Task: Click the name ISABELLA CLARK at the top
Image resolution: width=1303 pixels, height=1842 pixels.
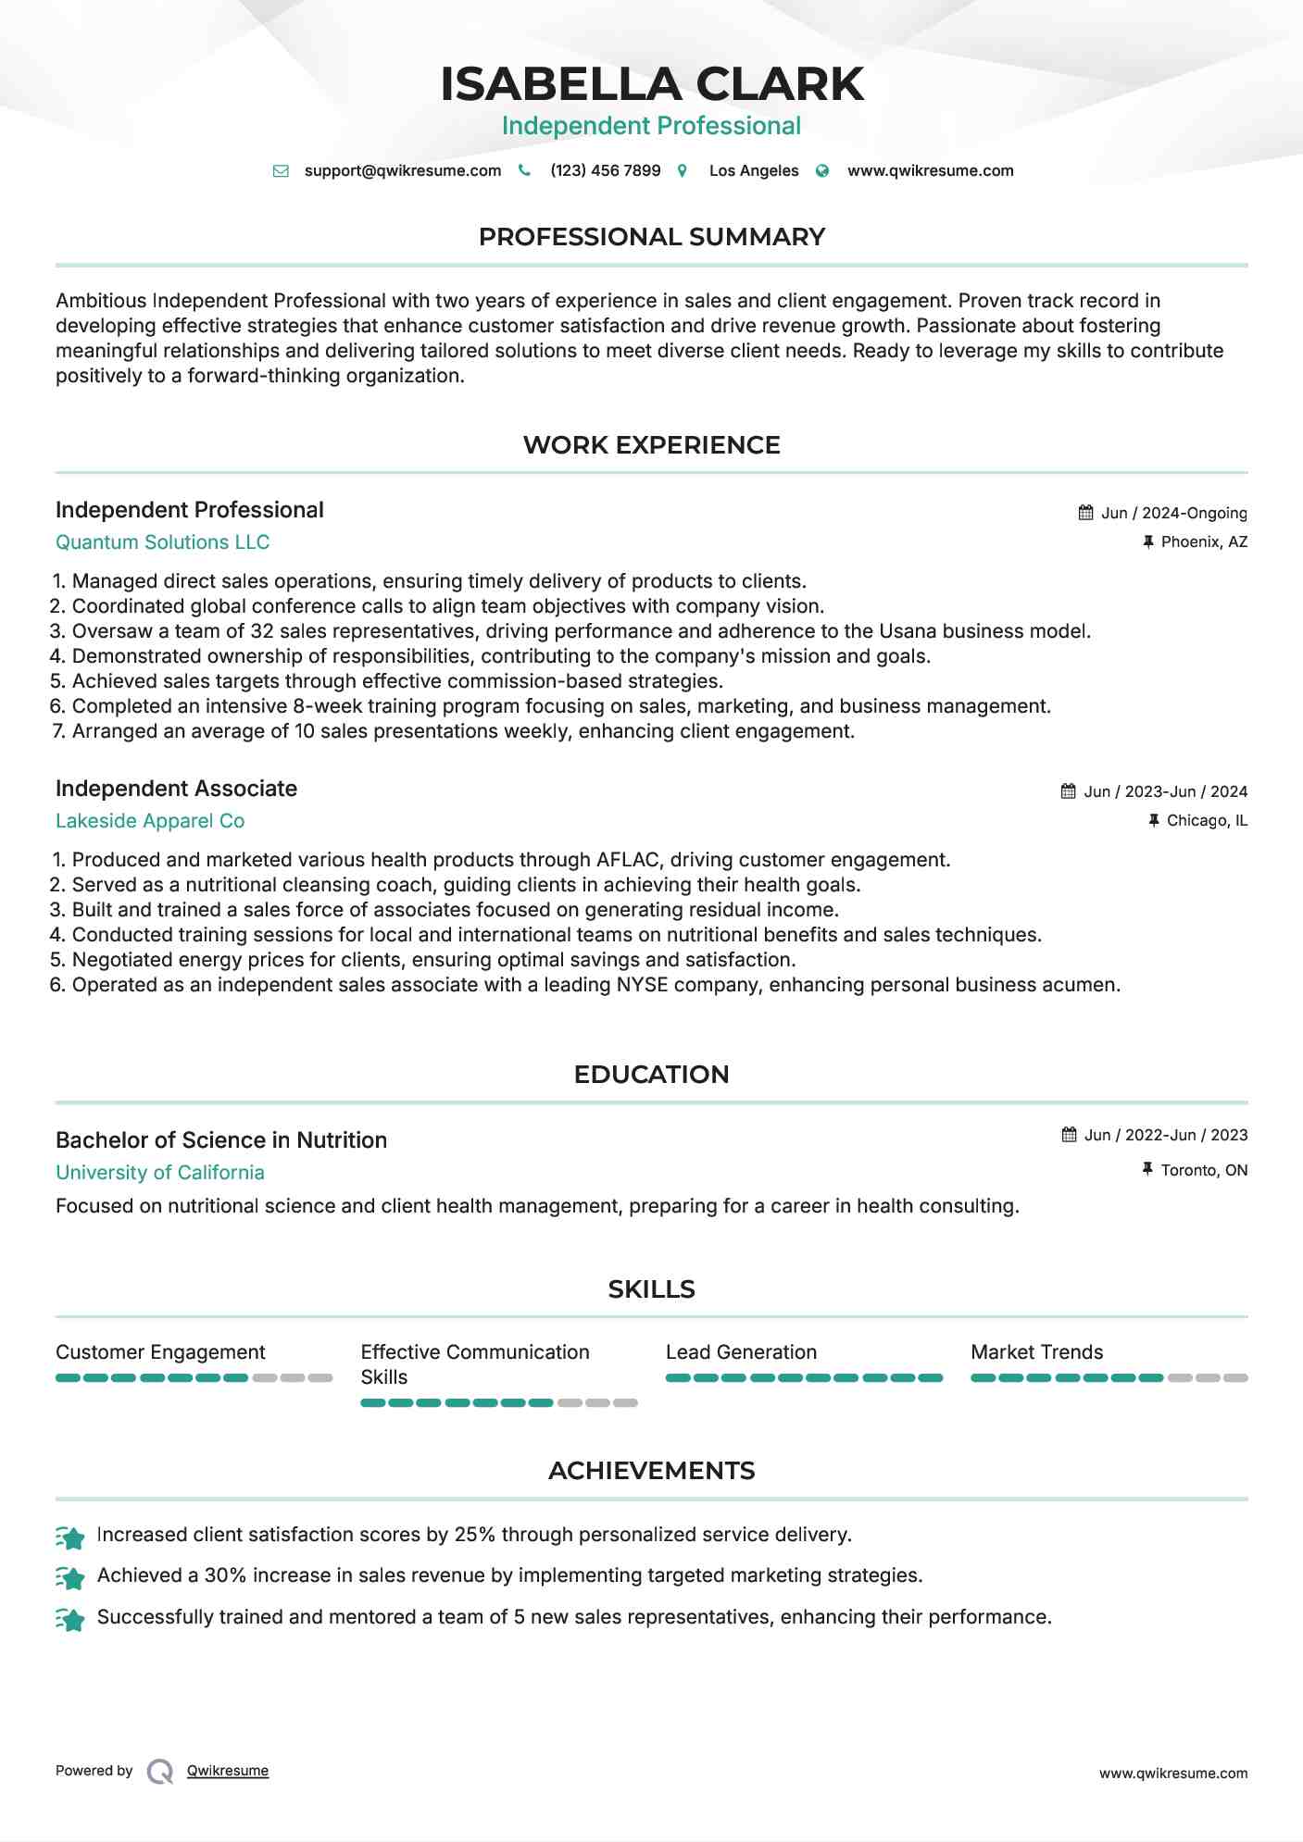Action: tap(651, 84)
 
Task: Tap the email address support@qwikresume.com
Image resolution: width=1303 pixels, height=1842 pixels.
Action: tap(402, 170)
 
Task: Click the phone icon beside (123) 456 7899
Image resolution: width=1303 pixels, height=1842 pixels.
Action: tap(524, 170)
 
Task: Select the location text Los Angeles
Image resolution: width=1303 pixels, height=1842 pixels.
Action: tap(753, 170)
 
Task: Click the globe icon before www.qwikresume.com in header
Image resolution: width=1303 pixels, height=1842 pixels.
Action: tap(822, 170)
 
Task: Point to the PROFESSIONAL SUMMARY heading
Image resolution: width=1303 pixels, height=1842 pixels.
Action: tap(651, 237)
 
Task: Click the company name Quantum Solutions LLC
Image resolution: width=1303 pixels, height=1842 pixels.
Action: tap(162, 542)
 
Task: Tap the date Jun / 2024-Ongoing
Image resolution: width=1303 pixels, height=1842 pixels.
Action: tap(1173, 513)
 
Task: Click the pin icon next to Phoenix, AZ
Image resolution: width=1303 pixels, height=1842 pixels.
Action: tap(1148, 541)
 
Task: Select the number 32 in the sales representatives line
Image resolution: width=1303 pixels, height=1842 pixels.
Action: tap(262, 631)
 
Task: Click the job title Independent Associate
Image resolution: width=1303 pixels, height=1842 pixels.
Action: tap(176, 789)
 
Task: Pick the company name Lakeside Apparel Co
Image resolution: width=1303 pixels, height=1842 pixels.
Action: tap(150, 821)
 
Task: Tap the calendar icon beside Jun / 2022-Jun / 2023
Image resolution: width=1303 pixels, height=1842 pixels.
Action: tap(1069, 1135)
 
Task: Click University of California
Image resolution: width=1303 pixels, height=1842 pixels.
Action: tap(160, 1173)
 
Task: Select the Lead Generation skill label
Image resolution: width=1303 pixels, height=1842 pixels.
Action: tap(741, 1352)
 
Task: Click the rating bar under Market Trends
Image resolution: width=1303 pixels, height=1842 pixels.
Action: tap(1109, 1378)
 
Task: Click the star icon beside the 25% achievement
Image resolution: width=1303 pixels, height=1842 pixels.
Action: tap(70, 1537)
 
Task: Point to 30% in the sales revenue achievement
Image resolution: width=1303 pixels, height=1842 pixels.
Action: tap(225, 1575)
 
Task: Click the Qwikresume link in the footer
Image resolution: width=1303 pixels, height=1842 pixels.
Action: tap(227, 1771)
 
